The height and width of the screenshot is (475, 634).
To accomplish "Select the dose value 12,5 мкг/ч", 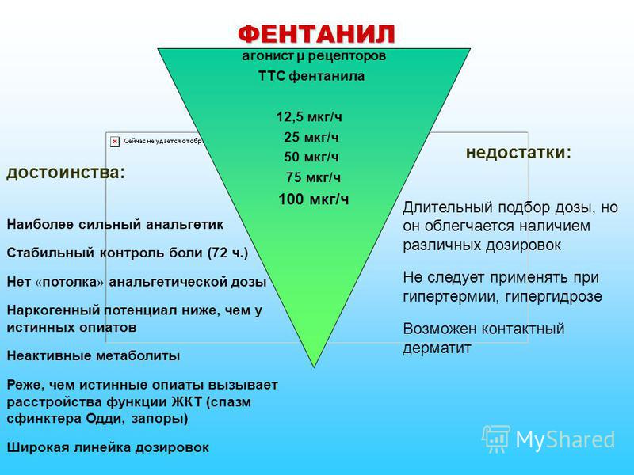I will [x=309, y=117].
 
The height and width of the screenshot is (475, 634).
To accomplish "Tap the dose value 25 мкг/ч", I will [x=311, y=137].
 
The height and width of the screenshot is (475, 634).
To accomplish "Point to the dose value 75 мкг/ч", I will [x=313, y=176].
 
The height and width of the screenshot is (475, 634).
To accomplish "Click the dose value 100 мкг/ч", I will [x=314, y=198].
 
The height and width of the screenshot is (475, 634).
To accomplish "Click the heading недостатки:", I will [x=518, y=152].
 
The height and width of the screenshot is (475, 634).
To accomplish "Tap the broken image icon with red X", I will [x=115, y=140].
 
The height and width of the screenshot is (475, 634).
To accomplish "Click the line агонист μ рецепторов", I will [x=314, y=56].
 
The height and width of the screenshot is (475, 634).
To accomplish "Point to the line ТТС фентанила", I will [x=311, y=77].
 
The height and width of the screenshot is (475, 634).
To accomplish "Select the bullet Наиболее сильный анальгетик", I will [x=115, y=224].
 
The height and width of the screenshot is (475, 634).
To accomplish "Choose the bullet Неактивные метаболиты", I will [x=93, y=355].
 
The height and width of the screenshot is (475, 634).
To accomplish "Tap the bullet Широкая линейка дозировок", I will [x=108, y=447].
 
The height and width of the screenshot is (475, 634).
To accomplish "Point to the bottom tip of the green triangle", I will [x=315, y=367].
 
